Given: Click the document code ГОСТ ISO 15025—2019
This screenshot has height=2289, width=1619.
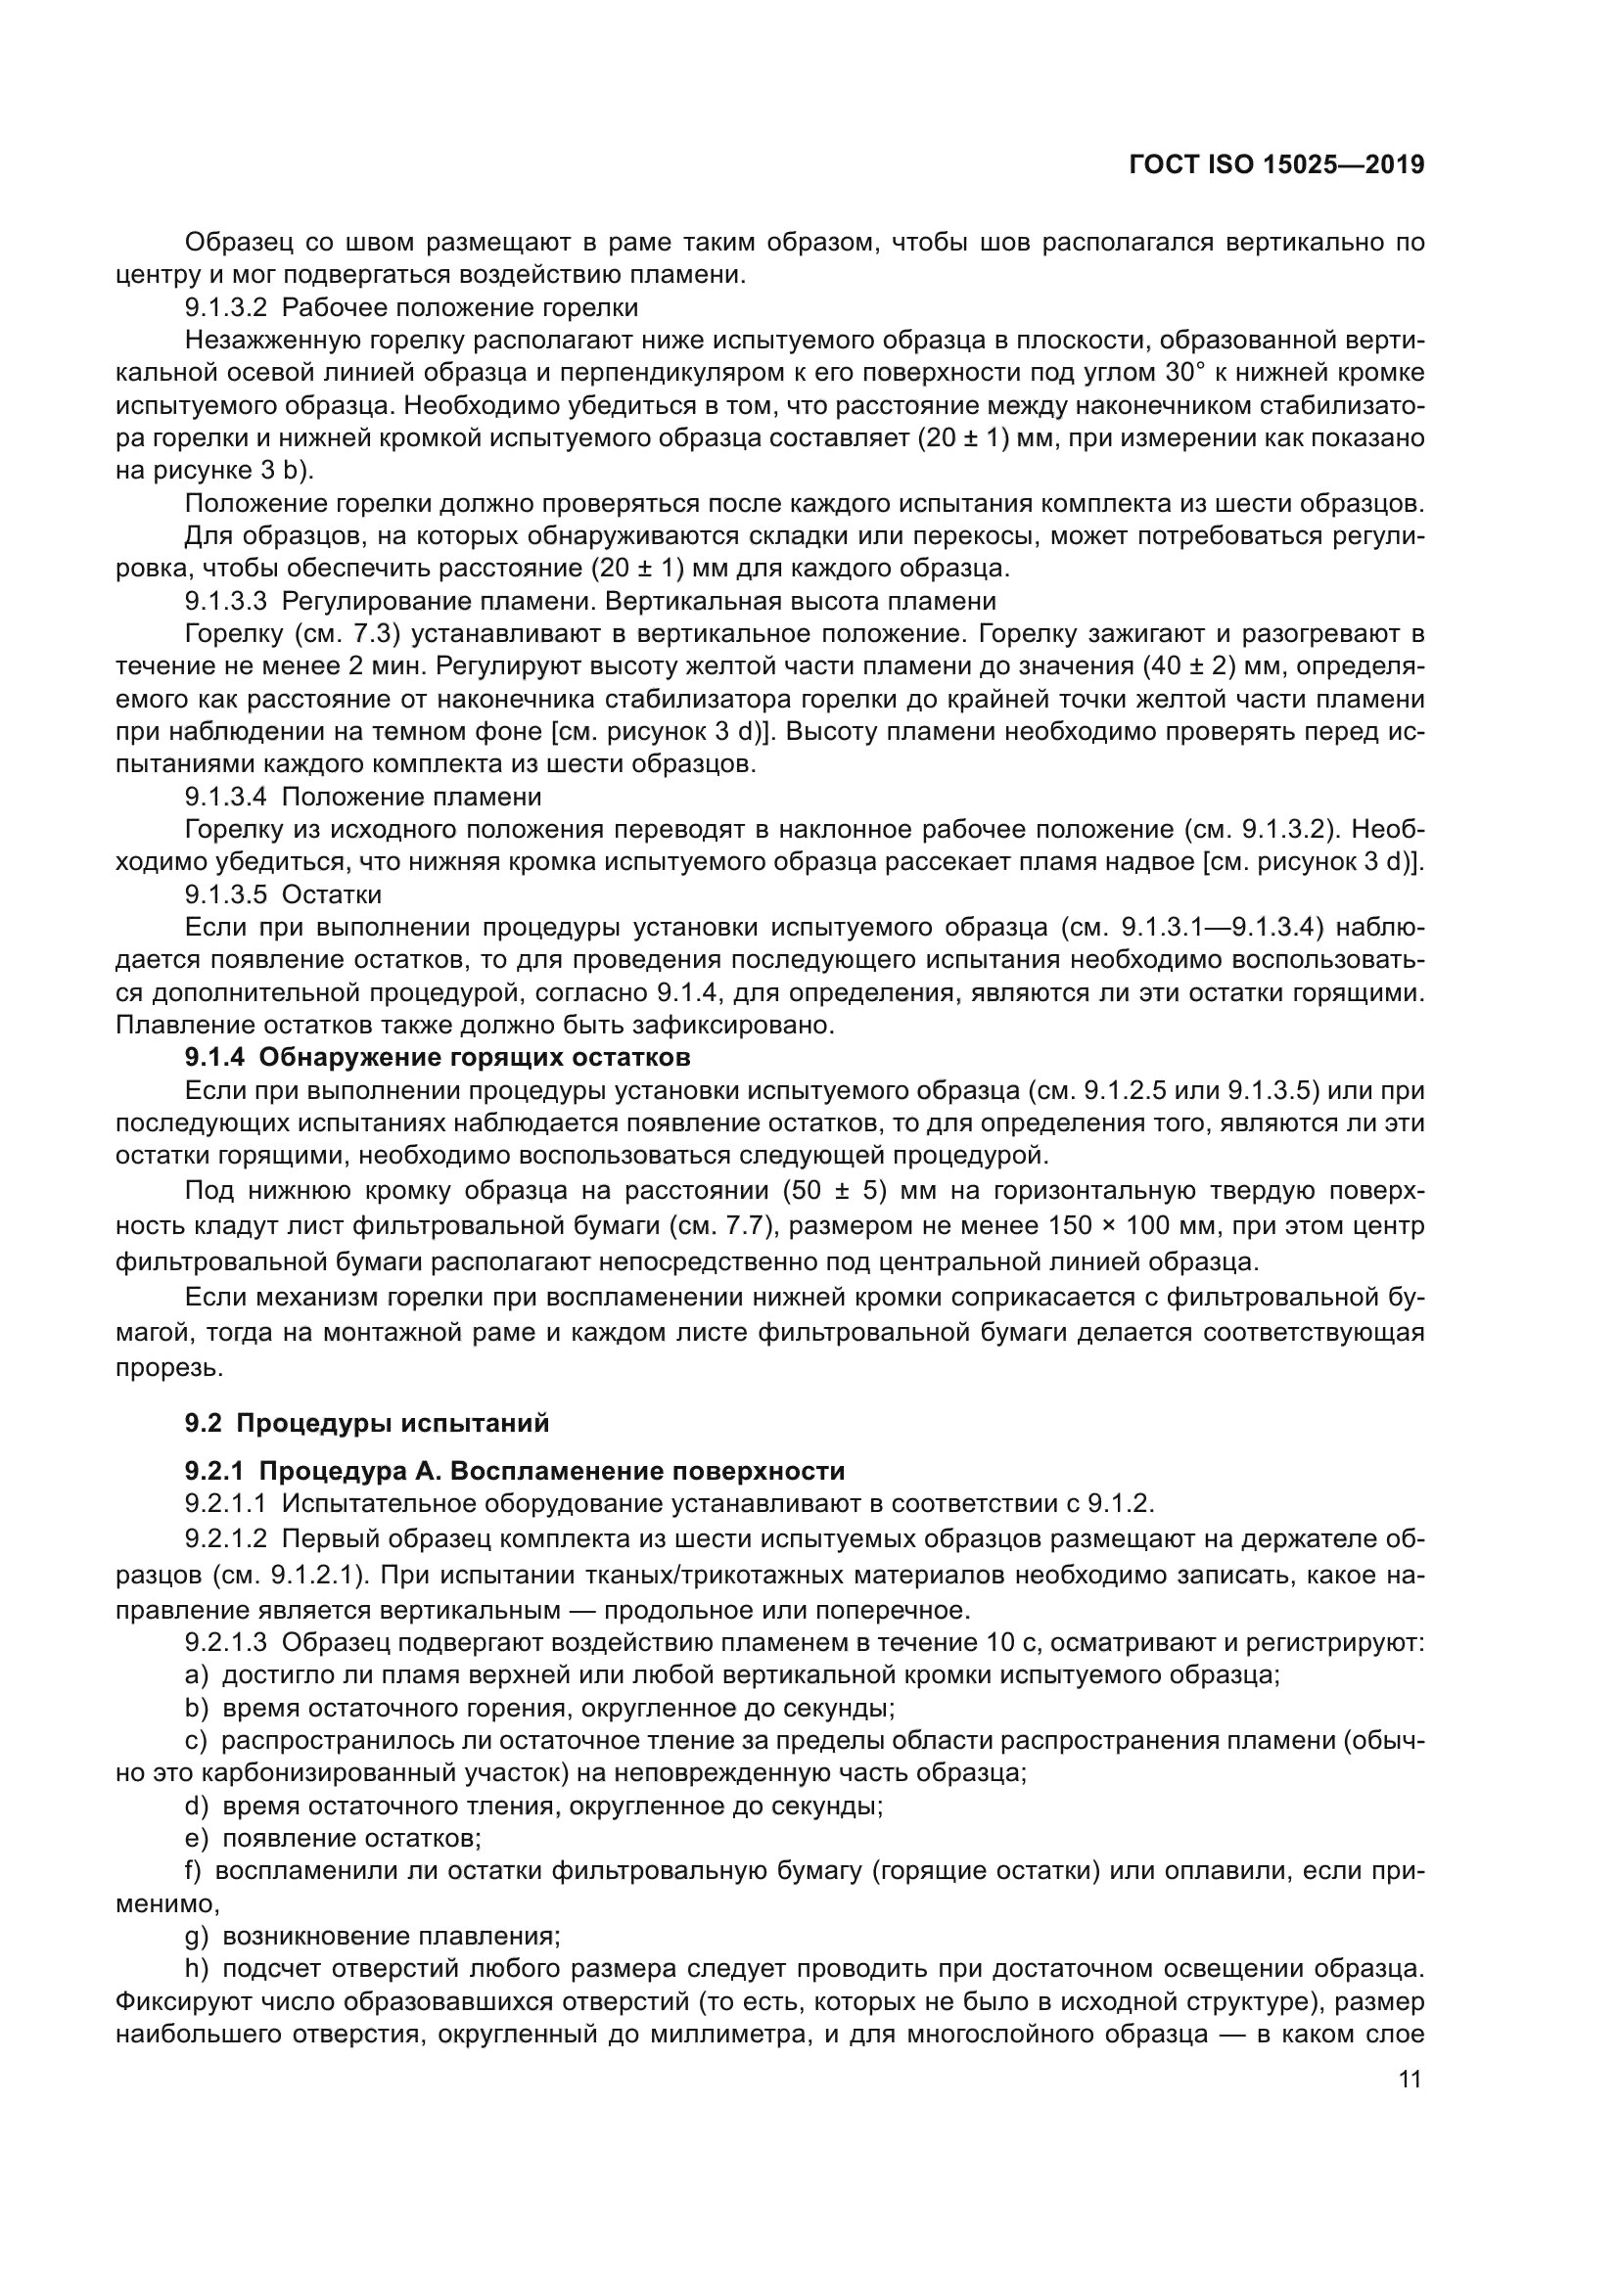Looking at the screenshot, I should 1276,165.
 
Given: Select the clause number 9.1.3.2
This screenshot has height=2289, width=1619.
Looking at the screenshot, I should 225,307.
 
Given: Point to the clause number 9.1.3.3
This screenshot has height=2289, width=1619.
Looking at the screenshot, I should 225,601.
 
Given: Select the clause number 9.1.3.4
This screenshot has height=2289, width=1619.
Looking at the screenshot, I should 225,797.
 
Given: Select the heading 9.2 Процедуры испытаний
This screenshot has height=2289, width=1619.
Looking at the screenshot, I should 367,1423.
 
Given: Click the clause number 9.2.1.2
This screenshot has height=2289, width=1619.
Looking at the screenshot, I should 225,1538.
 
